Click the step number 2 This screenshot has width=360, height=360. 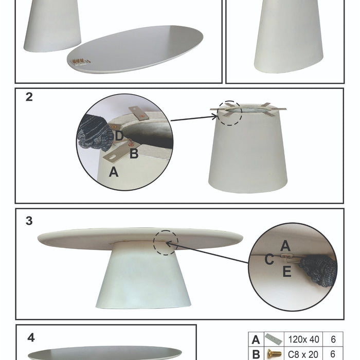29,97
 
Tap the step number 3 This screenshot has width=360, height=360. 29,221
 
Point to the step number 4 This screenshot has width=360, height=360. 31,338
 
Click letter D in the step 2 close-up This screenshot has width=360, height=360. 119,136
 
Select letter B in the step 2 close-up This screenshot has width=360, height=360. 134,153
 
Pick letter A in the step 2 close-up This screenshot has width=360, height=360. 114,172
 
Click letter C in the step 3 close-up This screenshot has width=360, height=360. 269,260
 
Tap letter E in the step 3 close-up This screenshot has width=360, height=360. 287,272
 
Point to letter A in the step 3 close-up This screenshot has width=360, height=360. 285,246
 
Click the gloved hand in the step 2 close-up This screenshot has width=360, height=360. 95,133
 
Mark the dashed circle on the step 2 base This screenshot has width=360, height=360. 229,113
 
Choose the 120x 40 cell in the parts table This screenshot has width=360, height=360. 304,340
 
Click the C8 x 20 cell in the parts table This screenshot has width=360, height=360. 304,354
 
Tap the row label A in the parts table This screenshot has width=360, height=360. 255,340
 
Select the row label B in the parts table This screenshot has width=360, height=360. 255,354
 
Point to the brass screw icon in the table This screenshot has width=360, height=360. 274,354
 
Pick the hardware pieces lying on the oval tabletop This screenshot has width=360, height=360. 81,62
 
